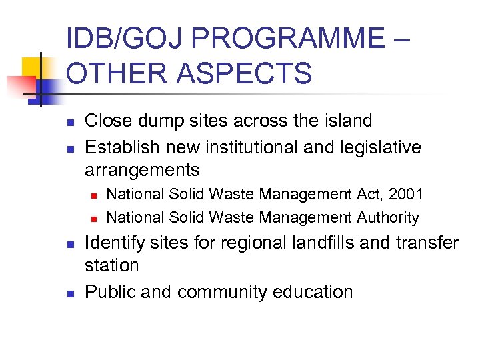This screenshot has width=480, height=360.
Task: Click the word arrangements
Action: tap(142, 170)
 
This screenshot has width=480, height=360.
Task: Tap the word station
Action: tap(111, 265)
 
